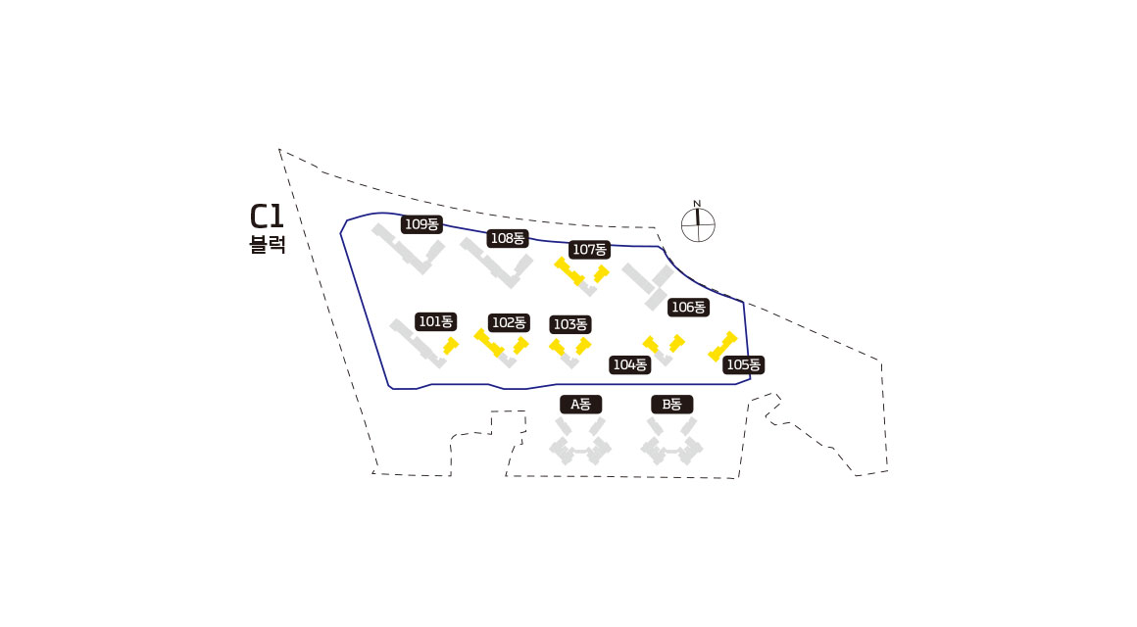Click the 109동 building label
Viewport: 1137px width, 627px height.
click(422, 224)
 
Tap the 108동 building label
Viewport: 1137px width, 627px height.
click(509, 238)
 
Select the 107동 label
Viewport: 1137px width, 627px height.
click(589, 250)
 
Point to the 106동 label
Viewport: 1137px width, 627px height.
click(688, 308)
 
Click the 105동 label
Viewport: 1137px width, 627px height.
click(743, 365)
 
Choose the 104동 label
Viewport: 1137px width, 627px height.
click(630, 365)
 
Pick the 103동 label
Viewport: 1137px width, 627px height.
click(570, 324)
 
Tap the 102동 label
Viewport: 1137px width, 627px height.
click(509, 322)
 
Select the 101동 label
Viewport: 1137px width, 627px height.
click(436, 321)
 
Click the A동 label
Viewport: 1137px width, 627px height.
click(581, 404)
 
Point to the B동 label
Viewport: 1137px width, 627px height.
click(672, 404)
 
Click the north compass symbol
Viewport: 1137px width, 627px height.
click(698, 224)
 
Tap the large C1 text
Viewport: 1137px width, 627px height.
click(267, 217)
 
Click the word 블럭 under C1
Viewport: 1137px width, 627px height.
click(268, 245)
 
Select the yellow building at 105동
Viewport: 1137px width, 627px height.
click(722, 346)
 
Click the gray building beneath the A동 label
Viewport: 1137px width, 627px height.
click(580, 444)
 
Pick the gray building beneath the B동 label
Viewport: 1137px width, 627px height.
click(672, 444)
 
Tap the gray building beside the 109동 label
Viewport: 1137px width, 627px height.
click(407, 251)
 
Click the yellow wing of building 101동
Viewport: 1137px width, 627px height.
click(450, 346)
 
